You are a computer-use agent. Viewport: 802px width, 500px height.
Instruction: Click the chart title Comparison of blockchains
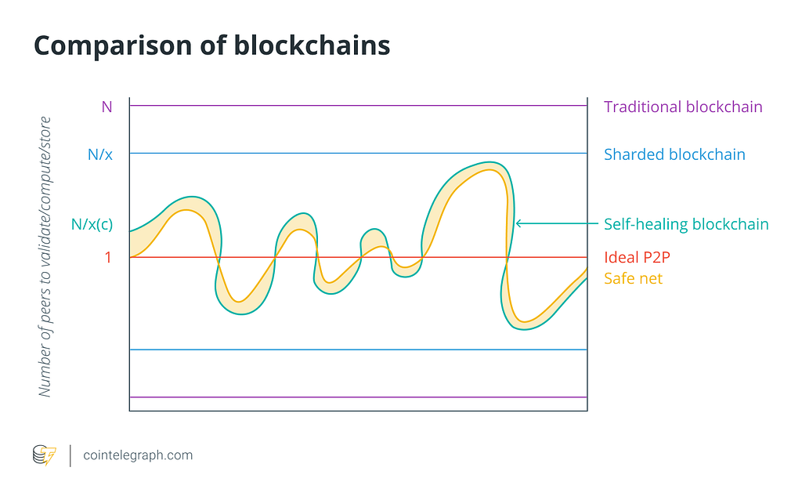click(x=211, y=45)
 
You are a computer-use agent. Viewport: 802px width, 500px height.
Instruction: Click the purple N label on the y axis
click(x=107, y=107)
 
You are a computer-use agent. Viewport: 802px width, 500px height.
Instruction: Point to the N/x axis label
click(x=100, y=154)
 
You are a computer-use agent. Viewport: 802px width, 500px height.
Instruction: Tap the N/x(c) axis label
click(x=92, y=224)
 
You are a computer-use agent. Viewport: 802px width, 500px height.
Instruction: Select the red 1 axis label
click(x=108, y=257)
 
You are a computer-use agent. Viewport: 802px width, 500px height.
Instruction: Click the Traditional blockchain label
click(x=683, y=107)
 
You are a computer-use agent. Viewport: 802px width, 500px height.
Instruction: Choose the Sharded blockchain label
click(x=674, y=154)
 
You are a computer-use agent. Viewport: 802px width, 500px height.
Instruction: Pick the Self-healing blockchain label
click(x=686, y=224)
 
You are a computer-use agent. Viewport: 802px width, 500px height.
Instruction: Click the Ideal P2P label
click(x=637, y=257)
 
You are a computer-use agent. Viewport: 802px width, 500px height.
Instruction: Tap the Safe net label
click(x=633, y=278)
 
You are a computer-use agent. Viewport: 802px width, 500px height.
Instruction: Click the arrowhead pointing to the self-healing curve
click(x=518, y=223)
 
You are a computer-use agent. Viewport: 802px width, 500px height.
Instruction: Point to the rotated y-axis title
click(x=45, y=256)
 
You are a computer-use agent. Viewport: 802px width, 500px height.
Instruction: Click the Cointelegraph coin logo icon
click(x=45, y=455)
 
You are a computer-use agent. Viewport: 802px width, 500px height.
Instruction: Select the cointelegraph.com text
click(x=138, y=455)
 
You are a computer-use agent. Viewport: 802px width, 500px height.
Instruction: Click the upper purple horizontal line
click(x=358, y=106)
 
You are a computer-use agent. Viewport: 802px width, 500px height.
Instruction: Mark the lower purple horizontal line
click(x=358, y=397)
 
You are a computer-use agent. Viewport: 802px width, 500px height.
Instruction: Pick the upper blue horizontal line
click(x=358, y=153)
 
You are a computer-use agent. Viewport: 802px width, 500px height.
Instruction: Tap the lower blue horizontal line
click(x=358, y=350)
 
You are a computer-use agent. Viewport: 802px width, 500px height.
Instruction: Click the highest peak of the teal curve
click(x=490, y=162)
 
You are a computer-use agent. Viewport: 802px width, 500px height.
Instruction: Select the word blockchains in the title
click(x=312, y=45)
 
